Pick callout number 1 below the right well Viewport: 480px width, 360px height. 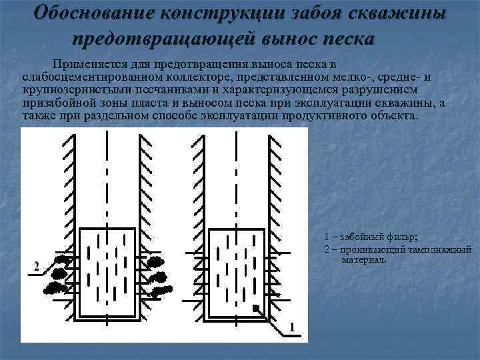[291, 326]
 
